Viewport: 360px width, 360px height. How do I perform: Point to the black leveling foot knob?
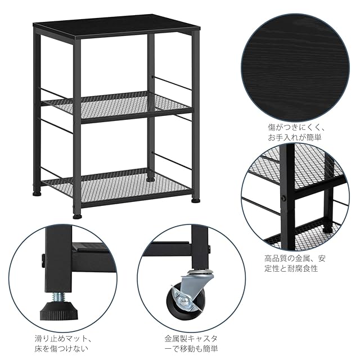(x=58, y=311)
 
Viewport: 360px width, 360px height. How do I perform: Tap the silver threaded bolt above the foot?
(x=58, y=296)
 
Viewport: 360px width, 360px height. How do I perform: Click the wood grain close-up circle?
(x=295, y=67)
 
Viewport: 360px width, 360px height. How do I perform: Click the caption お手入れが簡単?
(x=295, y=137)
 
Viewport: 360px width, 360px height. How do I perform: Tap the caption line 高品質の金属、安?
(x=295, y=259)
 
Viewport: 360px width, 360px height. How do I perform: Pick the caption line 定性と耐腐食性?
(x=291, y=268)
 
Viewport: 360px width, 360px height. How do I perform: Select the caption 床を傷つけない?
(x=61, y=349)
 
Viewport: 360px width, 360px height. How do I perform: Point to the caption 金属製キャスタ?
(x=191, y=339)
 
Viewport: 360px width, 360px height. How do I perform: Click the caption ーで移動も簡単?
(x=191, y=349)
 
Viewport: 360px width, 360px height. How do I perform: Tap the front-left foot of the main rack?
(x=78, y=217)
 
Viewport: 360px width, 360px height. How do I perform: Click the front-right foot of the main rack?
(x=196, y=200)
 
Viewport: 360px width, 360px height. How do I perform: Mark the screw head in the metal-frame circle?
(x=283, y=197)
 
